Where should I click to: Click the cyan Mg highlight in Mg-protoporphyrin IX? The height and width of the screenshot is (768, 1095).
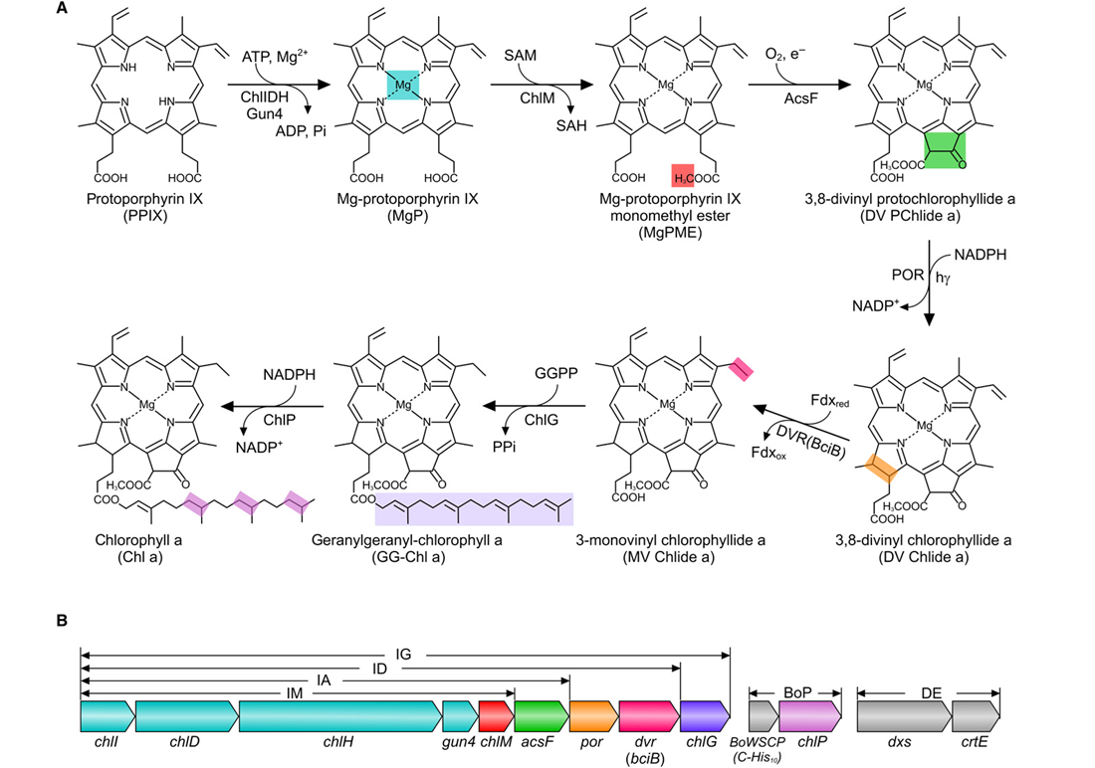click(402, 86)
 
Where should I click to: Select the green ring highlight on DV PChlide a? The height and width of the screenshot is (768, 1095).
click(945, 150)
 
